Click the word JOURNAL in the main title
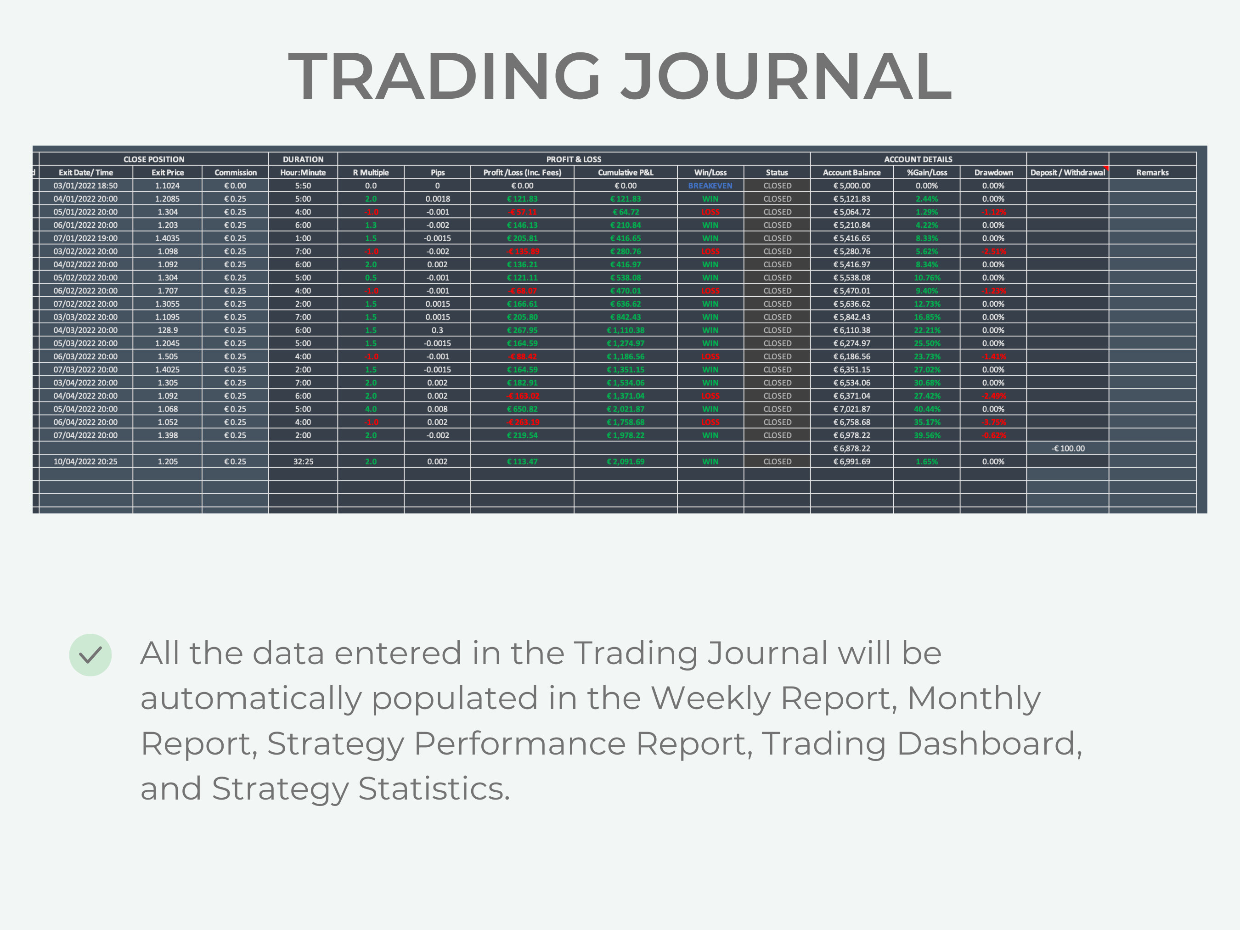[786, 76]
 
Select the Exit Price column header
[168, 173]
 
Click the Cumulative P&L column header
[626, 173]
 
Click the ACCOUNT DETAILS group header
[918, 159]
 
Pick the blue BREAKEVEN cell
[710, 186]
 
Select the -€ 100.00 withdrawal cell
[1068, 448]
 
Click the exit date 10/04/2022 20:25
[86, 462]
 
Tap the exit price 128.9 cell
[168, 330]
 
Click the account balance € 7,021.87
[851, 409]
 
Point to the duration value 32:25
[303, 462]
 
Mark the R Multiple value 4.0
[371, 409]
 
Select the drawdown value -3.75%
[993, 422]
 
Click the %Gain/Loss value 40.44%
[927, 409]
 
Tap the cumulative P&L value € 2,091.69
[626, 462]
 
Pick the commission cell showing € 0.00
[236, 186]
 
